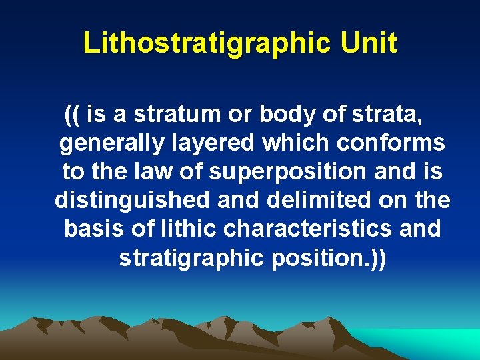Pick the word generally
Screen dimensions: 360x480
point(107,143)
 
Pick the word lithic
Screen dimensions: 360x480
point(188,229)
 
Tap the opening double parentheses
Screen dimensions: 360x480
point(73,115)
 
